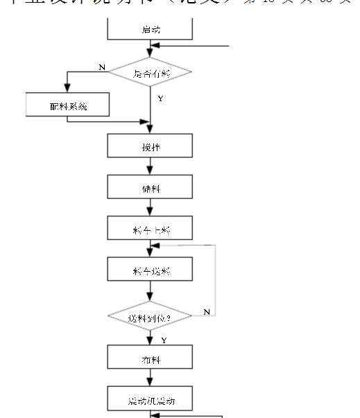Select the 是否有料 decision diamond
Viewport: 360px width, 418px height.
tap(150, 72)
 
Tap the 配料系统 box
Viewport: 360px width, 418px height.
tap(67, 105)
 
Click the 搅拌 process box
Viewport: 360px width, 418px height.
tap(150, 146)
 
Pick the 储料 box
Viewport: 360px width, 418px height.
tap(150, 187)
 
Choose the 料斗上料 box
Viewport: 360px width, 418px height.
tap(150, 228)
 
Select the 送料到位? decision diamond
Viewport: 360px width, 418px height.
tap(150, 317)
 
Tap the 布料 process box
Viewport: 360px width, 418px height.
tap(150, 358)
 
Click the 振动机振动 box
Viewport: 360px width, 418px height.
tap(150, 400)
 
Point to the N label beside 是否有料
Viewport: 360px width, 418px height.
tap(102, 67)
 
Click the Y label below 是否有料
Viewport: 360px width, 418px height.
tap(160, 99)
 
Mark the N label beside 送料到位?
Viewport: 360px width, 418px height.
tap(206, 313)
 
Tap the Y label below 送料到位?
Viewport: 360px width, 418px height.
tap(164, 340)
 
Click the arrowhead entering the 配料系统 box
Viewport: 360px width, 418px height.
tap(67, 89)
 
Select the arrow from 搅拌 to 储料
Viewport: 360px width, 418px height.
tap(150, 167)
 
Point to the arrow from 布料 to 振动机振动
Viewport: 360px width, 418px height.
tap(150, 378)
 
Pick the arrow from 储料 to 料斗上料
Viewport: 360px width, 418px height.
tap(150, 208)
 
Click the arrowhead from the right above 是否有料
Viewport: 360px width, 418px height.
tap(156, 46)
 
